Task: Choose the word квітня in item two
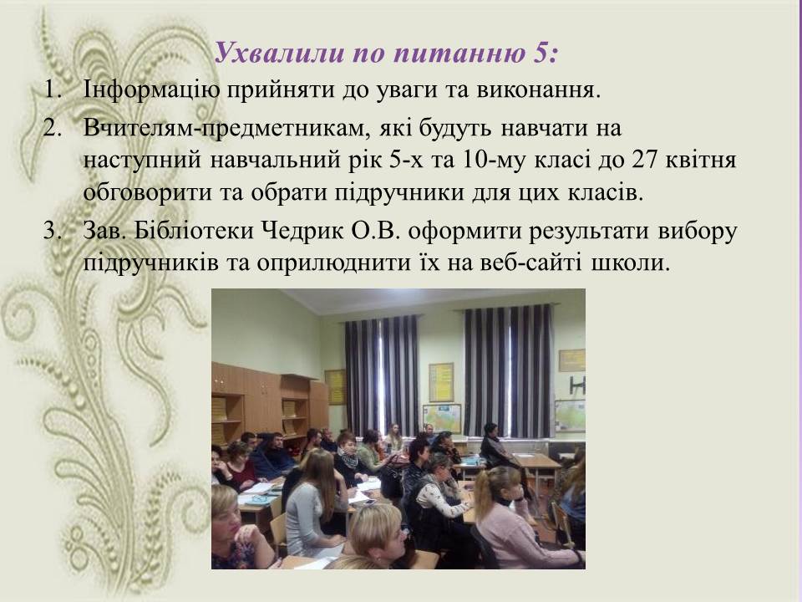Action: [701, 161]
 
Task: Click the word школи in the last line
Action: [631, 263]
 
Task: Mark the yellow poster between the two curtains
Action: [441, 382]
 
